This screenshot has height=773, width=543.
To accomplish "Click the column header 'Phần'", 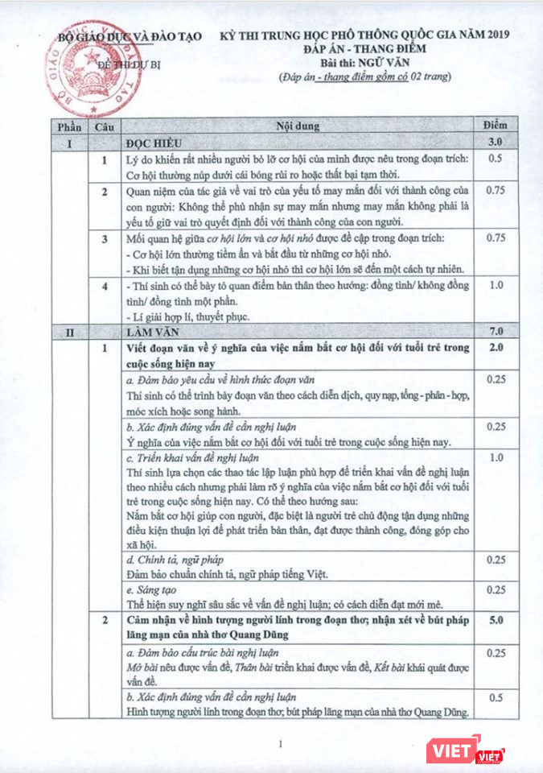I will click(68, 126).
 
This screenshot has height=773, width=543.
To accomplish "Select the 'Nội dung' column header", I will click(297, 126).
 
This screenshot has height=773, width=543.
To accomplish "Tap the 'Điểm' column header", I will click(496, 126).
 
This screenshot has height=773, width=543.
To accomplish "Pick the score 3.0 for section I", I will click(496, 142).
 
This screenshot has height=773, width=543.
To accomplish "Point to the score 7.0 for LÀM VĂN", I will click(496, 331).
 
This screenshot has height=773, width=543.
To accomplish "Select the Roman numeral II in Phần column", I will click(69, 331).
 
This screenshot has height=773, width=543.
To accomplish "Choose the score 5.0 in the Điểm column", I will click(496, 622).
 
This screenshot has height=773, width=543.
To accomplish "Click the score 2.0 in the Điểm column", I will click(496, 348).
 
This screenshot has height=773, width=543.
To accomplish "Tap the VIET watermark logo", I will click(467, 750).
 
